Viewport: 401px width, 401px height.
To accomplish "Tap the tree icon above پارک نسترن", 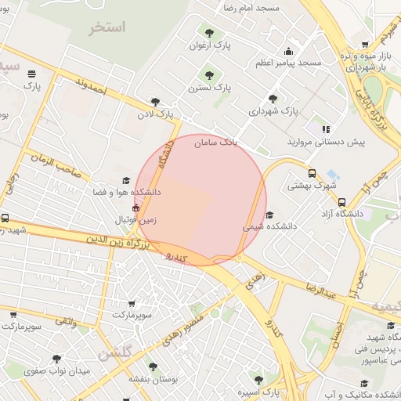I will [209, 75].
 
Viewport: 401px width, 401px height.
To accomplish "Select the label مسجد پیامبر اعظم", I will [287, 62].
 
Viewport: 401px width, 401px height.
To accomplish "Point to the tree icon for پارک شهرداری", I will [273, 99].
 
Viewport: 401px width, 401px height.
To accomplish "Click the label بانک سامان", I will [217, 143].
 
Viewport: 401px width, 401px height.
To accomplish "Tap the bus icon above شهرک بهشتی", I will [312, 173].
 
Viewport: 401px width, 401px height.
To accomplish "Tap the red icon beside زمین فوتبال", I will [136, 209].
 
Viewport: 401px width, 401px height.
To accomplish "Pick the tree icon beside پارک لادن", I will [155, 102].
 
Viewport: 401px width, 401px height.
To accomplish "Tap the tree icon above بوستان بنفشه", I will [153, 366].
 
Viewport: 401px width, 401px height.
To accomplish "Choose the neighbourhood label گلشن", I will [115, 353].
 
